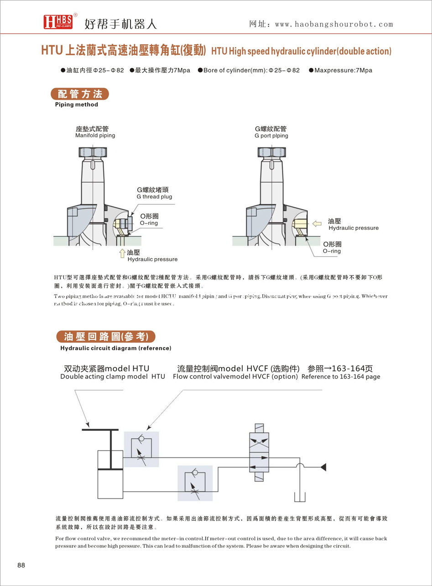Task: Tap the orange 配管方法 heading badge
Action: point(79,94)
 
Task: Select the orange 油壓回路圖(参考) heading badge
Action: point(105,337)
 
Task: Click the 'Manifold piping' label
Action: point(95,135)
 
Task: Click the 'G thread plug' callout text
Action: point(154,197)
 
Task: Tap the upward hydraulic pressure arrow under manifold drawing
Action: point(122,253)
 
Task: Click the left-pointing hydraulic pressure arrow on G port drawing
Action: point(317,223)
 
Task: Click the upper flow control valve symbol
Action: point(142,449)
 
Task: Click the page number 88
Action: point(21,565)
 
